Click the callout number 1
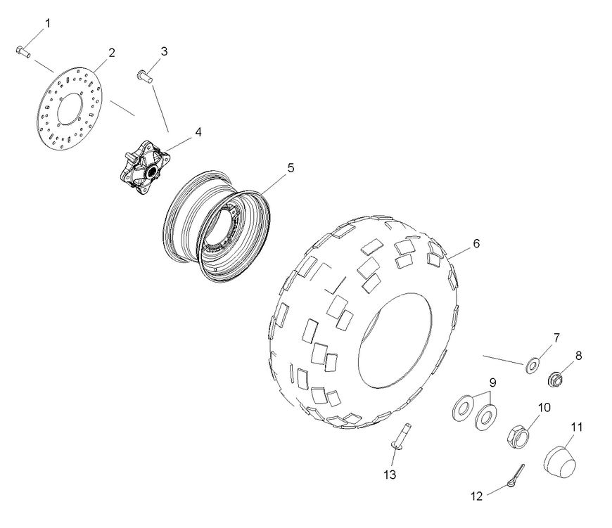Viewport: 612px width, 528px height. pos(48,24)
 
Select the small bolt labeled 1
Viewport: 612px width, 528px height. pos(21,51)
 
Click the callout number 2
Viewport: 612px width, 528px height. pos(111,53)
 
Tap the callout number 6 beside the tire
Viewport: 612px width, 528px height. pos(476,243)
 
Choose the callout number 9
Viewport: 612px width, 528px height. pos(493,382)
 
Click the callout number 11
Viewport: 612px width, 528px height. pos(577,427)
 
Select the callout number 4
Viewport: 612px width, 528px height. pos(198,131)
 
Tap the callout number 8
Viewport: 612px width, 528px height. pos(578,356)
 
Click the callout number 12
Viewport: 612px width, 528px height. pos(477,496)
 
